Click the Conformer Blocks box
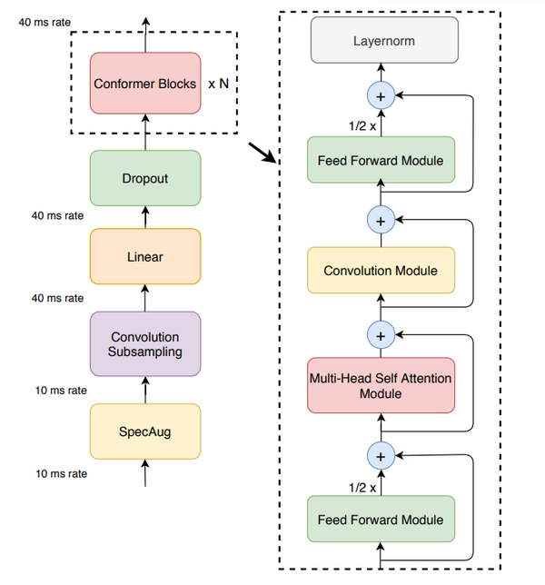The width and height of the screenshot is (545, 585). [x=144, y=84]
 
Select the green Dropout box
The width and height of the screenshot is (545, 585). [x=144, y=178]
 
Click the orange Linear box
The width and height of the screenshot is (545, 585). [x=144, y=257]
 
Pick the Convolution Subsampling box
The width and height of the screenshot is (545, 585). [x=144, y=343]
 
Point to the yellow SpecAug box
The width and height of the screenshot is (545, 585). [x=144, y=430]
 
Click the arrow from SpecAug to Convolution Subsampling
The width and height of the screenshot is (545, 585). [x=144, y=389]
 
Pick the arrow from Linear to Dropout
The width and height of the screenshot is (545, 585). [x=144, y=216]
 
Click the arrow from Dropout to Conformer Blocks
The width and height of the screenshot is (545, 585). [x=144, y=134]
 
